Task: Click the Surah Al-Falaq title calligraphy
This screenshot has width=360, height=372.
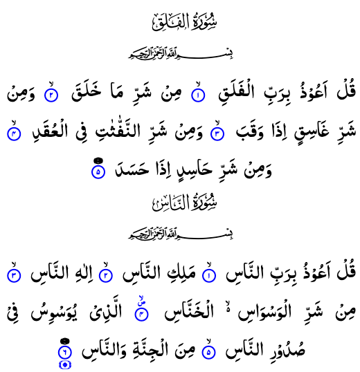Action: (185, 22)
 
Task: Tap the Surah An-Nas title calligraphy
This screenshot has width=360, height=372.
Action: (185, 203)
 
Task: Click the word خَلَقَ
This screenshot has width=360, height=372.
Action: (87, 92)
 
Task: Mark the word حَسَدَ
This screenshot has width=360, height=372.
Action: (132, 169)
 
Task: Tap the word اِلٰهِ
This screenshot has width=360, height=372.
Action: (83, 273)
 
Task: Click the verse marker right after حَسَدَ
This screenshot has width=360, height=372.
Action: (98, 171)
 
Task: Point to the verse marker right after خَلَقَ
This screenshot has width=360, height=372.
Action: (51, 95)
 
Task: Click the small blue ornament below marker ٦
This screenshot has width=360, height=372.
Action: (64, 365)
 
